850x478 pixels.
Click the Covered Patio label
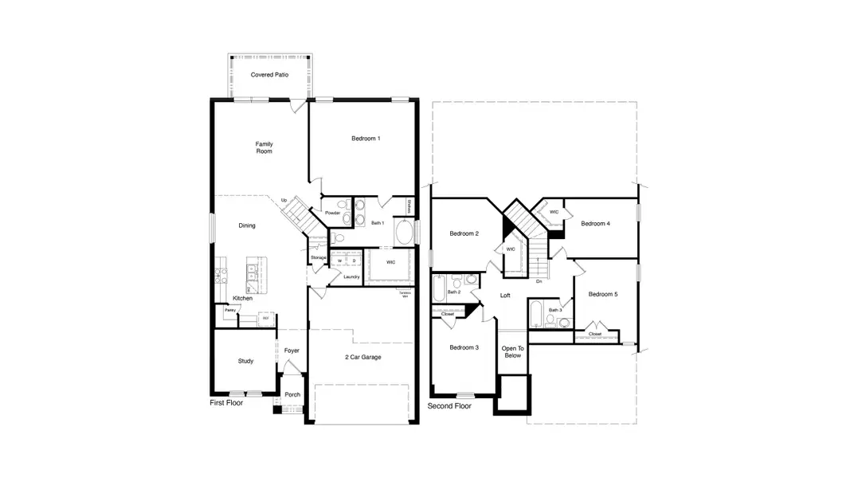(269, 75)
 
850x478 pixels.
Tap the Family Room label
(264, 147)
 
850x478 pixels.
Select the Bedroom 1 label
(366, 139)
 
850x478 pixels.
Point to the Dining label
(247, 225)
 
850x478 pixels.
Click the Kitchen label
(243, 299)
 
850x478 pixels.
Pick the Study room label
(245, 361)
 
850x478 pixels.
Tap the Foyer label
(292, 351)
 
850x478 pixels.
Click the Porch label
(292, 394)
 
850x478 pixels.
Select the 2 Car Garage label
(362, 357)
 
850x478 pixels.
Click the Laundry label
(351, 277)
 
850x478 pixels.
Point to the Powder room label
(333, 213)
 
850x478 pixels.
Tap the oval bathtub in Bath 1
(405, 234)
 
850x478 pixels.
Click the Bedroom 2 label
(464, 233)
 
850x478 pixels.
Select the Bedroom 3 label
(464, 347)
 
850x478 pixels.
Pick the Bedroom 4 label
(595, 224)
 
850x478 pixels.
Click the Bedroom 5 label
(603, 295)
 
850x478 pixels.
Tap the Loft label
(504, 296)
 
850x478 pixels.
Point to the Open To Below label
(512, 351)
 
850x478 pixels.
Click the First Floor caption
(226, 403)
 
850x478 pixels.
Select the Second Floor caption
(449, 406)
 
